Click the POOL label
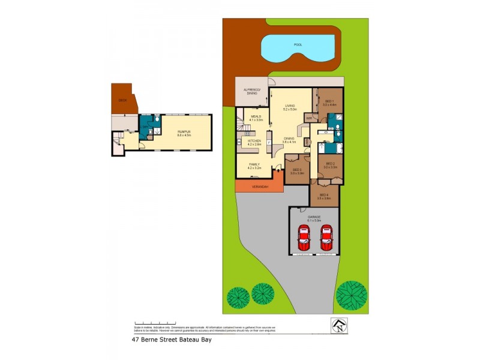298,44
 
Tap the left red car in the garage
305,238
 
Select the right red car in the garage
326,238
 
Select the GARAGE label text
315,217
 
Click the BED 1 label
329,101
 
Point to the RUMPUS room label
184,131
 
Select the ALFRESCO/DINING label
251,92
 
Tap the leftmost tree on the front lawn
238,296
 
